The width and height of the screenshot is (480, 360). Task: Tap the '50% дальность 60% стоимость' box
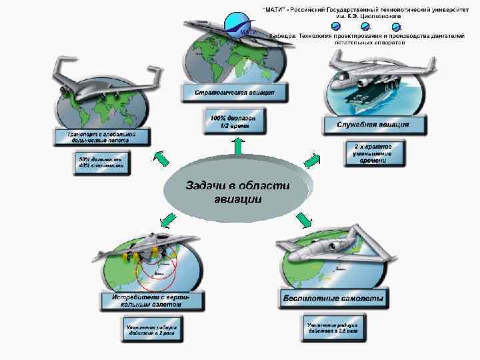[x=101, y=163]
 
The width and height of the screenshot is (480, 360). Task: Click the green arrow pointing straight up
[x=237, y=146]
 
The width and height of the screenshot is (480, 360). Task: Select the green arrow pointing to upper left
[x=161, y=158]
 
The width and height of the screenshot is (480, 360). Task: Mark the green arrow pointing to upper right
[x=311, y=160]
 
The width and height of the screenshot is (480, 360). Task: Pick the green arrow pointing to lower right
[x=305, y=219]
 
